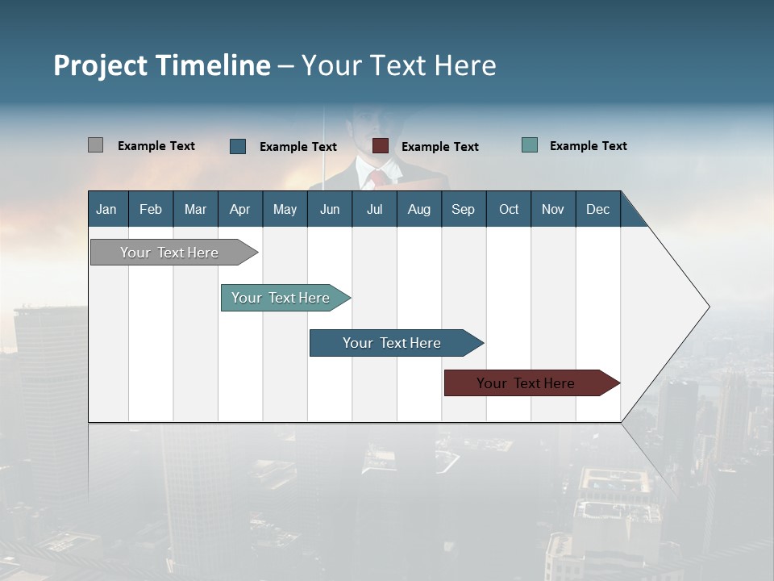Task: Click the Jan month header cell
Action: (107, 209)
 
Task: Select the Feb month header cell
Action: (151, 209)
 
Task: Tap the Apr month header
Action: (240, 209)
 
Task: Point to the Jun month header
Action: (330, 209)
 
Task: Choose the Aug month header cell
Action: (419, 209)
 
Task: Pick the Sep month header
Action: (464, 209)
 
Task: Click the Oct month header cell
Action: (509, 209)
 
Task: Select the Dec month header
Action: (598, 209)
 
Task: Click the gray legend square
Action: (96, 145)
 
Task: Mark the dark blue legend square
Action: (238, 146)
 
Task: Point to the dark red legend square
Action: (381, 146)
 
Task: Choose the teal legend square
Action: (530, 145)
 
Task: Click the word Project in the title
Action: (101, 65)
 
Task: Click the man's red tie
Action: (377, 178)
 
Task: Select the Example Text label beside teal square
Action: (588, 146)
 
